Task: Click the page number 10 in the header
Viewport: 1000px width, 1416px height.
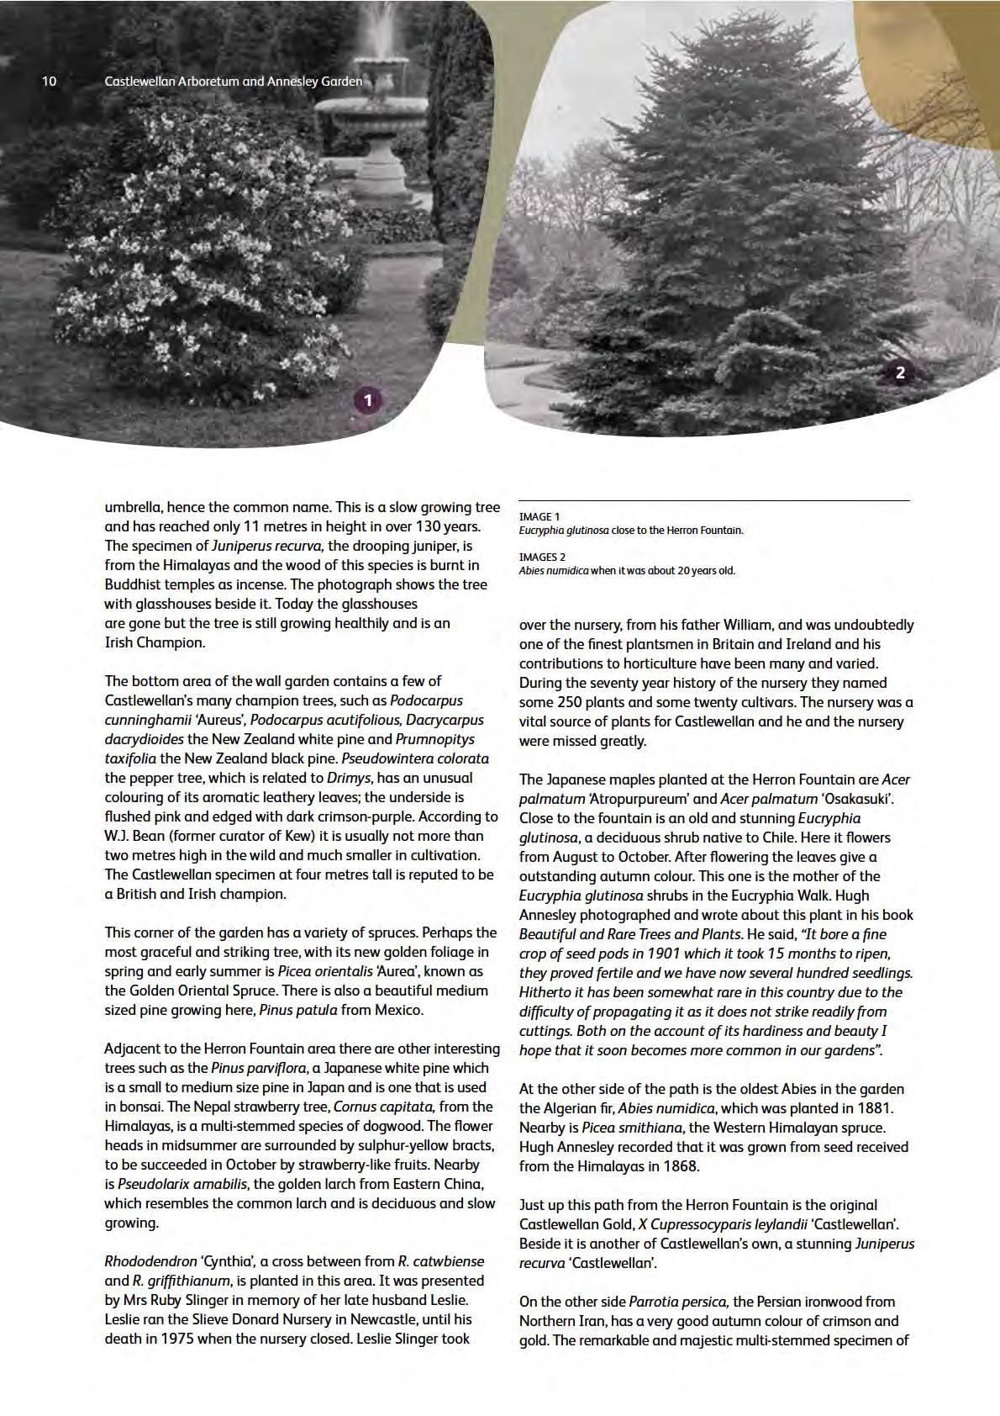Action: [49, 82]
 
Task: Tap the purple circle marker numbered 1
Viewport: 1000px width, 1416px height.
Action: [367, 400]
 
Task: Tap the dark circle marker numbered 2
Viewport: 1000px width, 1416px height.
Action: [900, 372]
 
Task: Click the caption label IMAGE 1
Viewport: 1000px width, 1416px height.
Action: [539, 516]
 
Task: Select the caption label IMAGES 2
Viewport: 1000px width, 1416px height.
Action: [542, 557]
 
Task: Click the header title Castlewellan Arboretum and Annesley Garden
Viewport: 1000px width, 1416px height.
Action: [234, 82]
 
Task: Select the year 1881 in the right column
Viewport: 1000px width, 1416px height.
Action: [876, 1108]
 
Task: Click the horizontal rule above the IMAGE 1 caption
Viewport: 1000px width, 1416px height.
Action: [714, 501]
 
